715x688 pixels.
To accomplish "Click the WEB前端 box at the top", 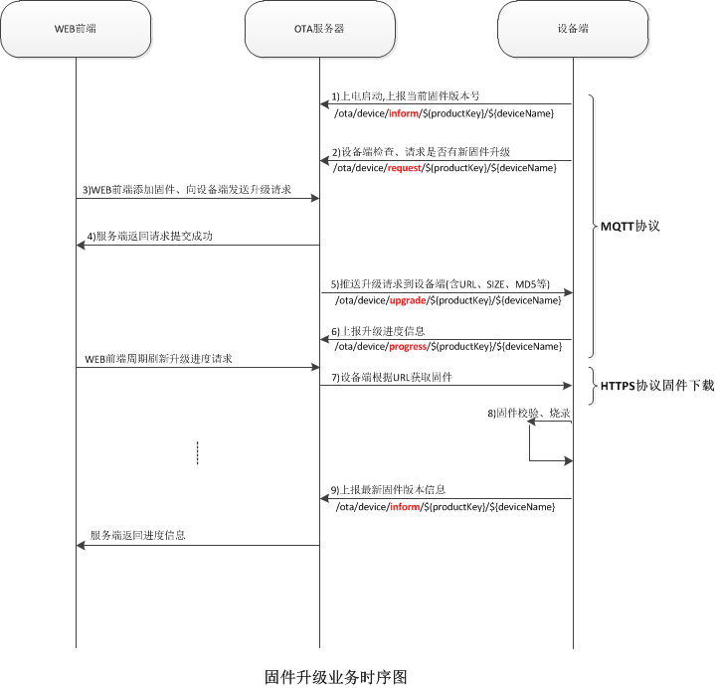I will coord(76,29).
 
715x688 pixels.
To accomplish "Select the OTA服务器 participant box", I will coord(320,29).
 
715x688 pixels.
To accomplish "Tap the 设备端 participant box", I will coord(573,29).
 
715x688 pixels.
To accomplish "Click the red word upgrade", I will coord(408,300).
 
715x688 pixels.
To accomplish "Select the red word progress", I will coord(408,346).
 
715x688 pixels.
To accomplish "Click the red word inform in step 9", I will coord(404,507).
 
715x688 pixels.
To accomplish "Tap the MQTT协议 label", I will coord(629,226).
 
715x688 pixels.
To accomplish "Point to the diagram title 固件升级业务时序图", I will coord(336,677).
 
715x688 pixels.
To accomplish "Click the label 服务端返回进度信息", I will coord(137,535).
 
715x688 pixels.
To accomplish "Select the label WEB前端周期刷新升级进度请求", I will coord(158,357).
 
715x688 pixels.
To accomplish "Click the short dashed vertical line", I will coord(198,452).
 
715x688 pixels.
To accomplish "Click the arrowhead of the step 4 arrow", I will coord(81,246).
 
